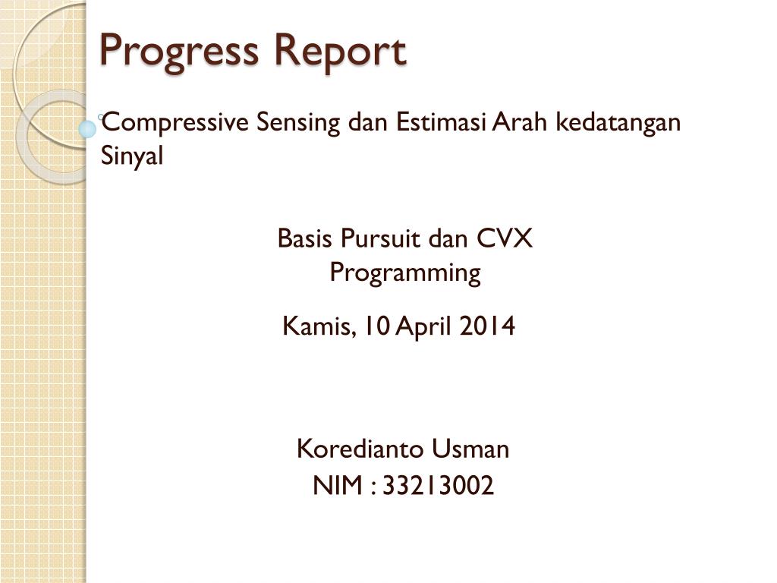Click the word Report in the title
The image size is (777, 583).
(x=340, y=52)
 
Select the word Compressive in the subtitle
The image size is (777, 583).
(x=175, y=122)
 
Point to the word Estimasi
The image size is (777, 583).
(x=441, y=122)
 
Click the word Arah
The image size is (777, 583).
(x=519, y=122)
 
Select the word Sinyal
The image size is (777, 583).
(x=132, y=156)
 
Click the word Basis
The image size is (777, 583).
(x=304, y=238)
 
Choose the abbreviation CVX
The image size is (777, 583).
(x=504, y=238)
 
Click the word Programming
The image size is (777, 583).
(x=405, y=273)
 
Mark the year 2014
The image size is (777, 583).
(x=486, y=326)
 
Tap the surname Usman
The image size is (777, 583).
(x=470, y=449)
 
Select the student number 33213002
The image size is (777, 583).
(x=438, y=485)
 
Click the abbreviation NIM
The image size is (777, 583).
(x=338, y=485)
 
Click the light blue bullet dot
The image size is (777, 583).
(x=87, y=129)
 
